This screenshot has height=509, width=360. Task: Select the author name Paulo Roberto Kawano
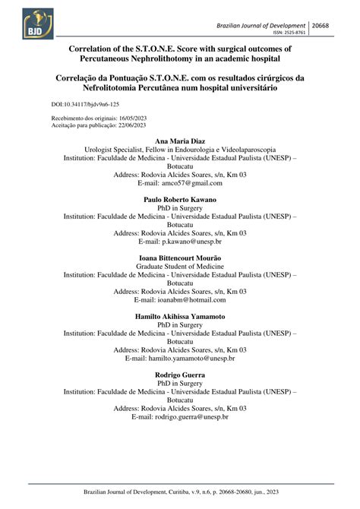click(x=180, y=199)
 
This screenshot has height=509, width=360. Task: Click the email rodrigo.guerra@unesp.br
click(x=189, y=417)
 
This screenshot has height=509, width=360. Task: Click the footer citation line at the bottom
click(x=180, y=493)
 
